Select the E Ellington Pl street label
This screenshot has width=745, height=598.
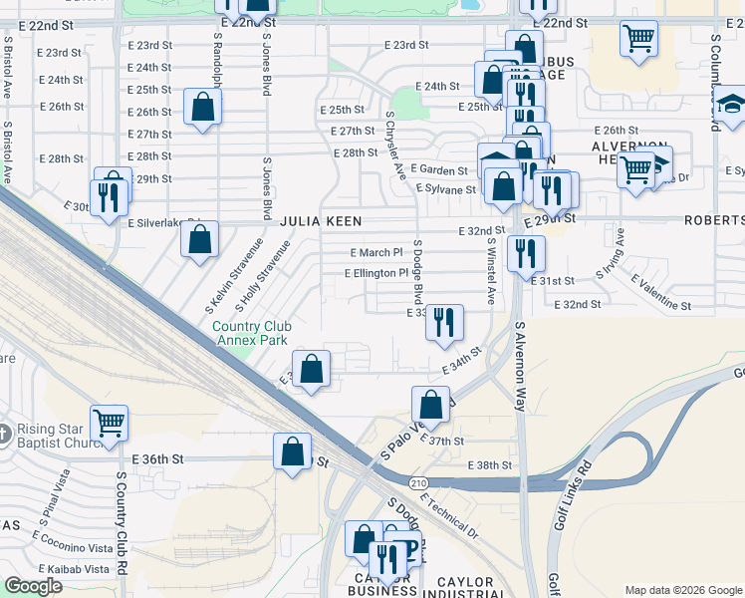tap(376, 273)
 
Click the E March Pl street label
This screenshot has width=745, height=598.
tap(375, 253)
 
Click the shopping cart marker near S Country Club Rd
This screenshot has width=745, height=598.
tap(109, 422)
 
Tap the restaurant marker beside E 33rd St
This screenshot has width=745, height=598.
tap(444, 322)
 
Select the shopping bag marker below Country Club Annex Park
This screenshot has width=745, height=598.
tap(312, 369)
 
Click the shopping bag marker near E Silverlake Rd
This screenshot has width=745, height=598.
tap(200, 240)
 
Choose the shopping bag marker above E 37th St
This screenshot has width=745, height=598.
tap(431, 405)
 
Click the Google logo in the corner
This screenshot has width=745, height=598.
tap(34, 586)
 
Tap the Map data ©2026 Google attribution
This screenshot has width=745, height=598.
tap(682, 589)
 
